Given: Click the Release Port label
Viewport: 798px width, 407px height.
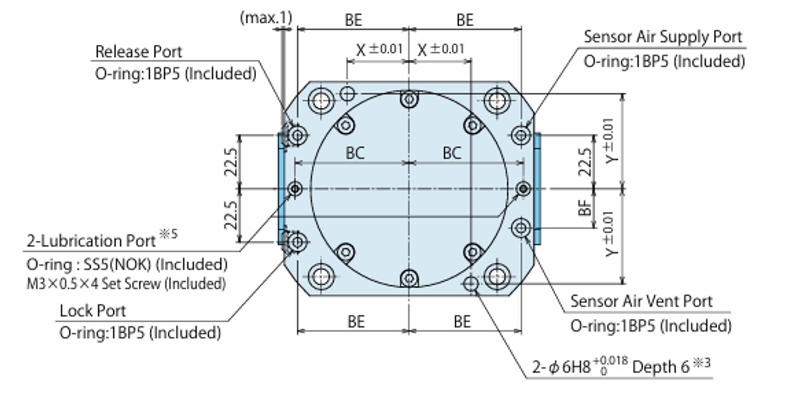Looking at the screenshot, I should (138, 52).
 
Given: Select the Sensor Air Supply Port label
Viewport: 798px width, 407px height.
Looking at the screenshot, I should (663, 37).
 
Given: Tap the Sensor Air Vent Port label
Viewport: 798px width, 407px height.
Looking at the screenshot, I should (641, 301).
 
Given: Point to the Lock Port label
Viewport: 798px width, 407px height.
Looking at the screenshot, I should (93, 311).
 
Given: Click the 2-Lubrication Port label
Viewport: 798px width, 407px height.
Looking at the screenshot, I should (91, 241).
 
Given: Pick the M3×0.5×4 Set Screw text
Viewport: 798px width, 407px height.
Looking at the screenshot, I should (126, 284).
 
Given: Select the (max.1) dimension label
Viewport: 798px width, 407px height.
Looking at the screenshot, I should (266, 18).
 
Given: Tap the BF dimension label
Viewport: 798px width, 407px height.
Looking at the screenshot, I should (585, 208).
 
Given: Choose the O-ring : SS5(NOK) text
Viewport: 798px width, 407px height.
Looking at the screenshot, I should (127, 264).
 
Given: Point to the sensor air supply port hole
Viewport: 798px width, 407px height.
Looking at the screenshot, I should (521, 135).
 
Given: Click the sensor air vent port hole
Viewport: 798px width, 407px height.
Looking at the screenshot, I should (521, 228).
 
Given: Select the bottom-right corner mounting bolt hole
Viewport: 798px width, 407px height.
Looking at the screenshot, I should (497, 276).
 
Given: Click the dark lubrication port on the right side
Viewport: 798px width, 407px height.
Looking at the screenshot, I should (523, 188).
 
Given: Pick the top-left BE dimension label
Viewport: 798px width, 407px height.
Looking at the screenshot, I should (353, 20).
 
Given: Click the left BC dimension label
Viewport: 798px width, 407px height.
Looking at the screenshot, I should (355, 153).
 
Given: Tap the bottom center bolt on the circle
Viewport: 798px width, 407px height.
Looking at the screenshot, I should (409, 278).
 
